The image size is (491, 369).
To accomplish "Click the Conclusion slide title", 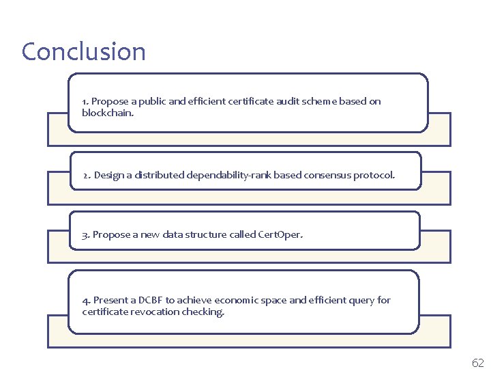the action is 83,52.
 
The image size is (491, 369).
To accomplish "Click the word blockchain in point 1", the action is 107,113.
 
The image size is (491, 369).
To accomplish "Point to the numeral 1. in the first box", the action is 85,101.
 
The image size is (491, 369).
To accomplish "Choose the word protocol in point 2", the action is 373,175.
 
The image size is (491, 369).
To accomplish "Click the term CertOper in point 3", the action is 280,234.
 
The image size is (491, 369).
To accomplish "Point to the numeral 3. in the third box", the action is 86,234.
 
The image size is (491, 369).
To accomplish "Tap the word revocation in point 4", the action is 152,312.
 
